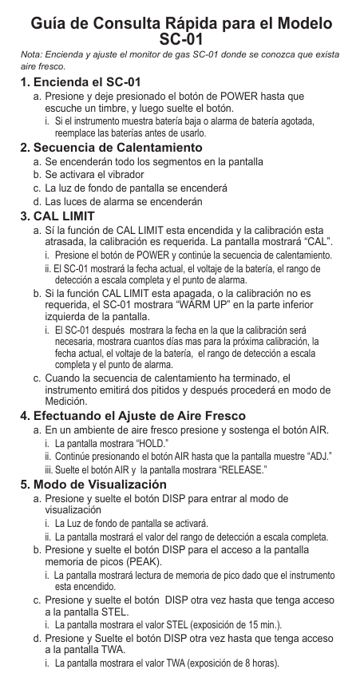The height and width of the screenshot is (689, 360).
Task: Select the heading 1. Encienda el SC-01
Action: (81, 82)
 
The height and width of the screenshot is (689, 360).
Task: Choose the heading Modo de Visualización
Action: (99, 485)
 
